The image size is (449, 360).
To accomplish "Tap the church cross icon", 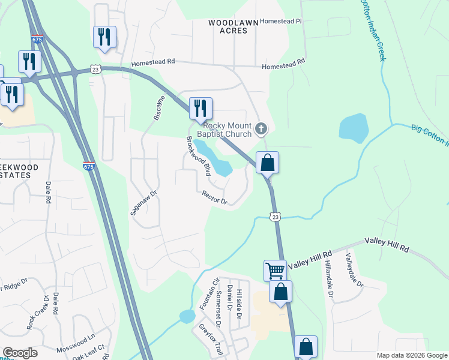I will (261, 128).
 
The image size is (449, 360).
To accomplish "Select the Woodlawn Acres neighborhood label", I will (233, 26).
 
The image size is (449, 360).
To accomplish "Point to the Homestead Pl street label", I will (282, 21).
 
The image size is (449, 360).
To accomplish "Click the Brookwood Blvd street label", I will (198, 155).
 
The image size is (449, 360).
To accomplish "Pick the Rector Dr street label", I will (215, 197).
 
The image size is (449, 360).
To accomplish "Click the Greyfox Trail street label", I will (211, 340).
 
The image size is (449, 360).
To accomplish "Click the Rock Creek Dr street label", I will (36, 312).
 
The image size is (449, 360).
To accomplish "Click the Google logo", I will (20, 353).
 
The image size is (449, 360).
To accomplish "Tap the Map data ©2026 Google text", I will (411, 355).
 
